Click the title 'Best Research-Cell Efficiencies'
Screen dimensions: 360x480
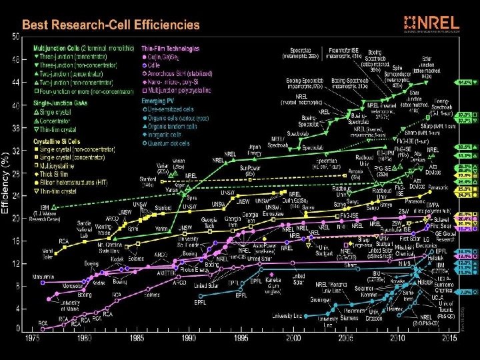(x=111, y=25)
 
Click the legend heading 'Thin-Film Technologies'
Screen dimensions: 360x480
(x=175, y=49)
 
